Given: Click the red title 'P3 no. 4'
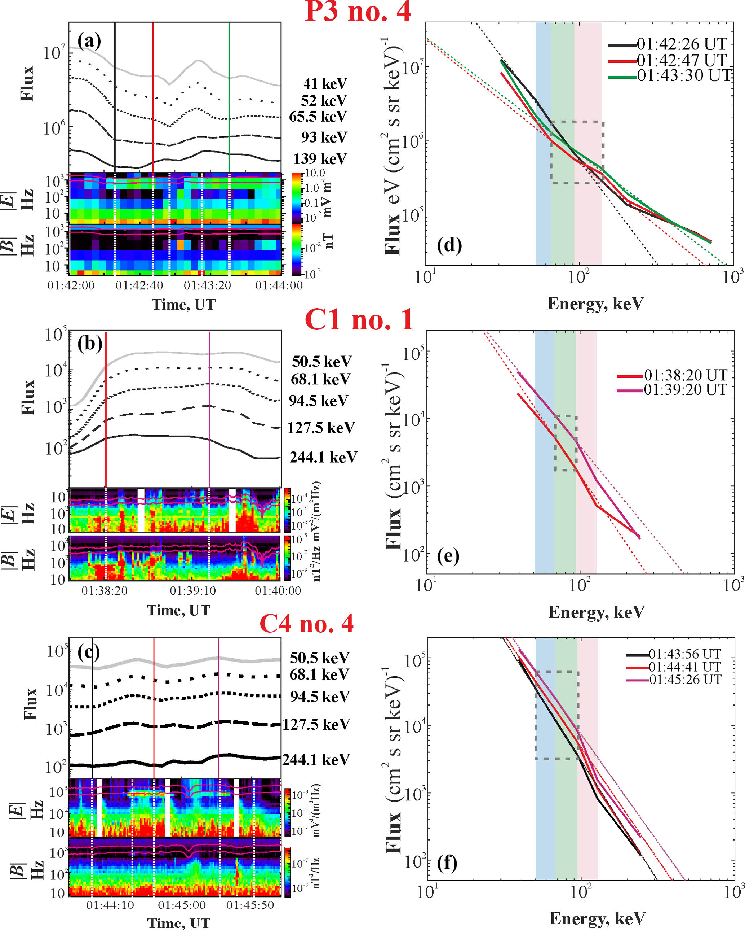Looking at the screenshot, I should (358, 12).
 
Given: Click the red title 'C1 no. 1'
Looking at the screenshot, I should (359, 320).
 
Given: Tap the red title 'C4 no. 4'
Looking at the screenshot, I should (306, 624).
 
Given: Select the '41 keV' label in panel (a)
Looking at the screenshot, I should (325, 84).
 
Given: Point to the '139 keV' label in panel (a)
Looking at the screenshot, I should (320, 159).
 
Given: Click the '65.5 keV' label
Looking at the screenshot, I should (318, 117).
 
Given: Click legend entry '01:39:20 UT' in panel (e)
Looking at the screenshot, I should (686, 389).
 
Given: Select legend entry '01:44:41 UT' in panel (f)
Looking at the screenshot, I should (685, 667).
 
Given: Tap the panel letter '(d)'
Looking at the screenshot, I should (449, 245).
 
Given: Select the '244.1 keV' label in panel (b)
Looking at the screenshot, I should (323, 457).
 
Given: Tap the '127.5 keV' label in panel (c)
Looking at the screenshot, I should (316, 724).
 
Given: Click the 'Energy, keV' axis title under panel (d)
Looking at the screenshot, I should (595, 304).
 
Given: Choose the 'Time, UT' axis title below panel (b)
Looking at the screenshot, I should (178, 610).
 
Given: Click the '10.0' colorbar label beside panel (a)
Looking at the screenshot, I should (315, 173).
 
